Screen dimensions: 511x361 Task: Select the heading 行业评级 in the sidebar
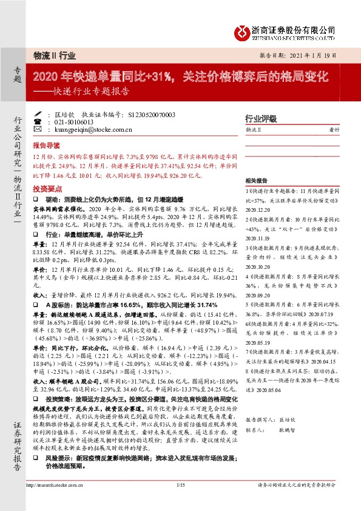tap(260, 118)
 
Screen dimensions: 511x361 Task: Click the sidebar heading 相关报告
tap(257, 181)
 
